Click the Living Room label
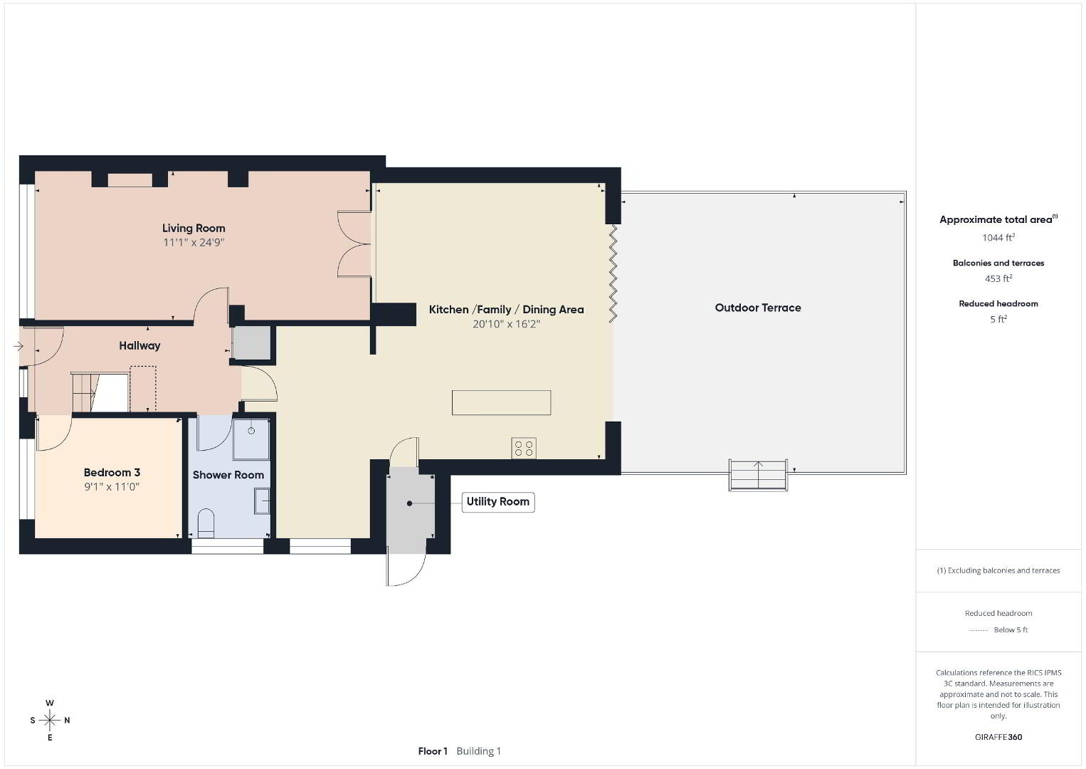(x=194, y=228)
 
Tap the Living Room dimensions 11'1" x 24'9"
(x=194, y=242)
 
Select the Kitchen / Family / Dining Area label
(x=506, y=310)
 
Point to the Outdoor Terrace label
(x=758, y=308)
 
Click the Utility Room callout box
(x=498, y=502)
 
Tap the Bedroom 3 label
(x=112, y=473)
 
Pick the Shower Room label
(x=228, y=475)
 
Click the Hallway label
(x=139, y=345)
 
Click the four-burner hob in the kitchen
(x=524, y=449)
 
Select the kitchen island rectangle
(x=501, y=403)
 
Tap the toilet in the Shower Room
(x=206, y=523)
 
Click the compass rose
(x=49, y=721)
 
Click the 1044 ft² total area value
(x=998, y=238)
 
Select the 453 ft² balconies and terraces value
(x=998, y=278)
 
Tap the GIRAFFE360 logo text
(x=998, y=737)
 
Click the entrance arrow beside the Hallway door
(x=18, y=346)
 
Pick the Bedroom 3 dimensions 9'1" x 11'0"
(x=112, y=486)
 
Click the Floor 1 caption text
(x=433, y=751)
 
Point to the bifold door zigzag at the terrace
(x=613, y=273)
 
